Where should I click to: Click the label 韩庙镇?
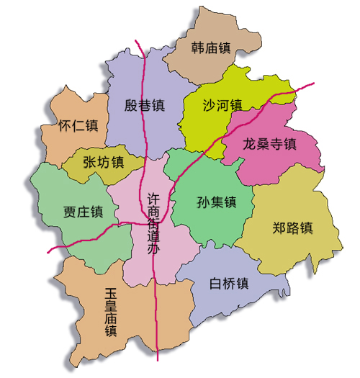(x=210, y=48)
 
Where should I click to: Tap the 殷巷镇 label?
(x=144, y=105)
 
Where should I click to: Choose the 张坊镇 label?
(x=104, y=161)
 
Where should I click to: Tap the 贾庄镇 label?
(x=82, y=212)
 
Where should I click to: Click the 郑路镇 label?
(x=292, y=229)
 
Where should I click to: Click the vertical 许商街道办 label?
(x=153, y=225)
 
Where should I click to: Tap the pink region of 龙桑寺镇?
(x=288, y=162)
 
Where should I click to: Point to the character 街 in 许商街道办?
(x=153, y=225)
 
